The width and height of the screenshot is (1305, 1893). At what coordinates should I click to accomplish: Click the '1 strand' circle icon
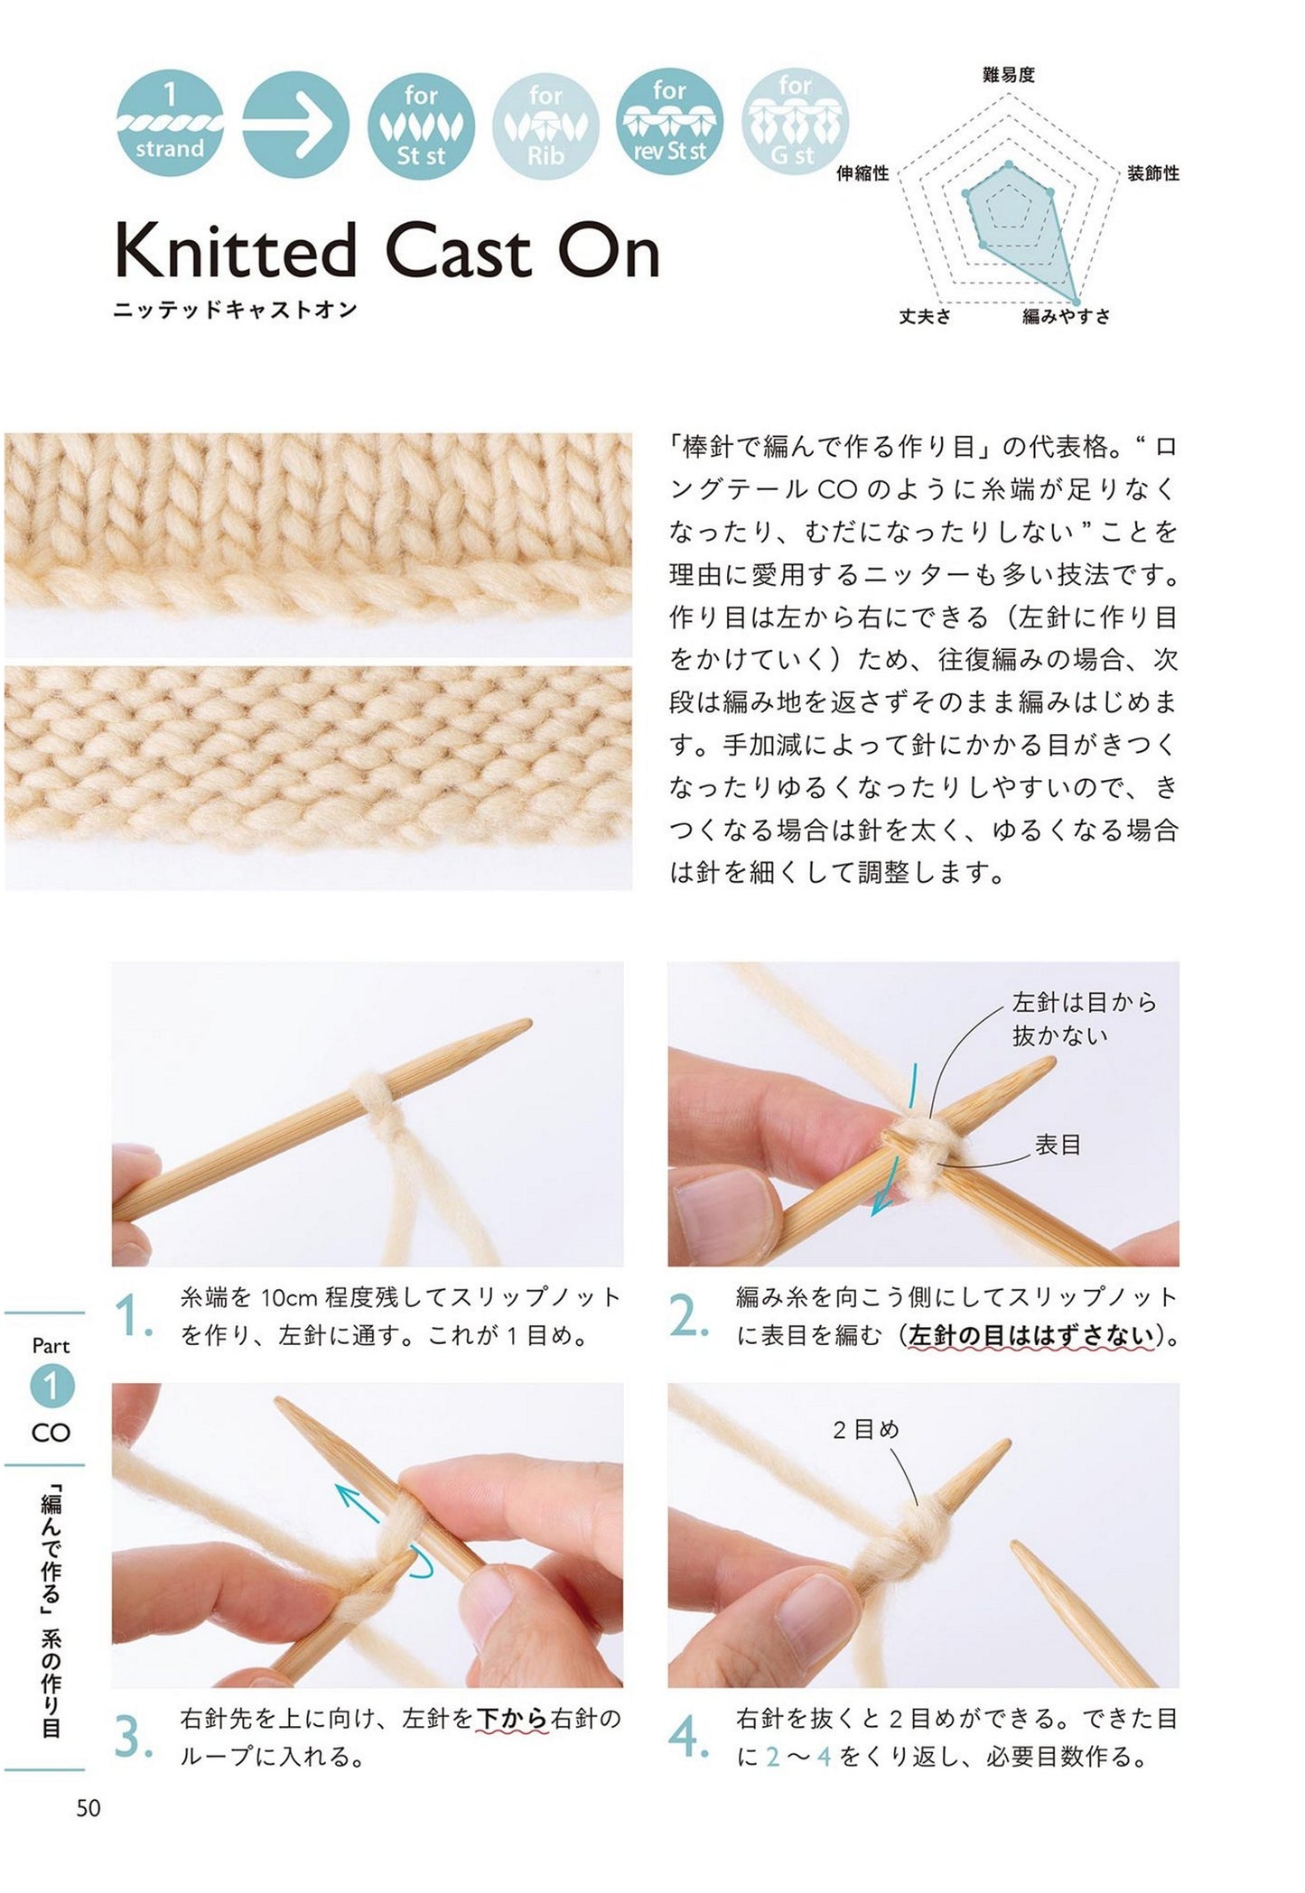coord(170,125)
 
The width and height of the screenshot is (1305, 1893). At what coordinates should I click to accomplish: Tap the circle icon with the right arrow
coord(295,125)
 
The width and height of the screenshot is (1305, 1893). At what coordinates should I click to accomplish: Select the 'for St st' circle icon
coord(421,125)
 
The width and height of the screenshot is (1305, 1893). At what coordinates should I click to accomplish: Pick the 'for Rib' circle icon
coord(545,125)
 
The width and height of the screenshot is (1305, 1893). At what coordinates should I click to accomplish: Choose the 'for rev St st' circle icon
coord(670,125)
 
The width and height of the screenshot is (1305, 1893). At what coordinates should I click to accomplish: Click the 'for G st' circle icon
coord(795,125)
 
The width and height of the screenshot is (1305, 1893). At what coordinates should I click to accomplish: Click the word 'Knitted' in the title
coord(236,252)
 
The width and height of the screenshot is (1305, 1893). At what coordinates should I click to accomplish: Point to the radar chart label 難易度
coord(1008,76)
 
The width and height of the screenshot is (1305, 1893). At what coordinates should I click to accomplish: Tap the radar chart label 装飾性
coord(1153,173)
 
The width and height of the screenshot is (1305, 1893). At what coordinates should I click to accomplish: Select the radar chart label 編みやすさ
coord(1066,316)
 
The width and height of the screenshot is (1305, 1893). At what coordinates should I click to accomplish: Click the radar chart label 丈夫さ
coord(925,316)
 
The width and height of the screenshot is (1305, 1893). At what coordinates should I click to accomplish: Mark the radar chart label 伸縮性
coord(862,173)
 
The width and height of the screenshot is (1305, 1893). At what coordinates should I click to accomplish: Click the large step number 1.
coord(134,1317)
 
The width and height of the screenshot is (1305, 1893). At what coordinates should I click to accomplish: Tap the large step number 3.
coord(134,1738)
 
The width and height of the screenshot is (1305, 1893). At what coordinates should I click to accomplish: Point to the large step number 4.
coord(689,1738)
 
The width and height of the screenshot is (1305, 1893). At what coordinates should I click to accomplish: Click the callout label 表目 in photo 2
coord(1058,1145)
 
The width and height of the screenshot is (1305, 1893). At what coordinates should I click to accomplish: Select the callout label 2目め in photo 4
coord(866,1429)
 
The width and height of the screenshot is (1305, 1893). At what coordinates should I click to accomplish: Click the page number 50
coord(89,1808)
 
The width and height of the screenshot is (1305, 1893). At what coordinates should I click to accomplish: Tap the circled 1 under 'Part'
coord(51,1387)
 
